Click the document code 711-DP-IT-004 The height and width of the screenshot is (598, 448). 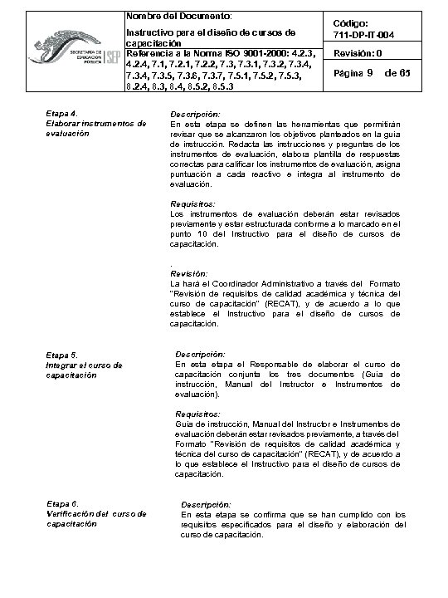(368, 34)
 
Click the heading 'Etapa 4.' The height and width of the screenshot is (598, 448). (63, 112)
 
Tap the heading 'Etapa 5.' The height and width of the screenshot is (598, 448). (63, 355)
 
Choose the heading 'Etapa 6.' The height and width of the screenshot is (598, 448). (63, 504)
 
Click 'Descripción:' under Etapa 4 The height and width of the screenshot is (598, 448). (195, 113)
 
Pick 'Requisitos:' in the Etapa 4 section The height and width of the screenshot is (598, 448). (192, 203)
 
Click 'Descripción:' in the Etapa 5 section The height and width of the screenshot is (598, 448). (201, 355)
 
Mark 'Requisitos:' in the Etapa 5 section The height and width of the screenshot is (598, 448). (198, 414)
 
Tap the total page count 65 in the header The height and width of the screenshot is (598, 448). (404, 74)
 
